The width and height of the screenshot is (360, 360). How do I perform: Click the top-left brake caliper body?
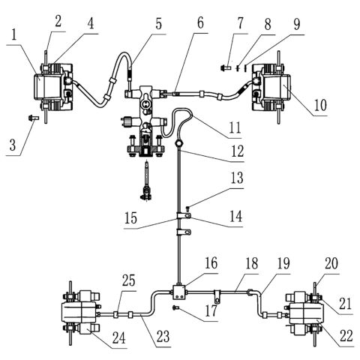coord(49,85)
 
